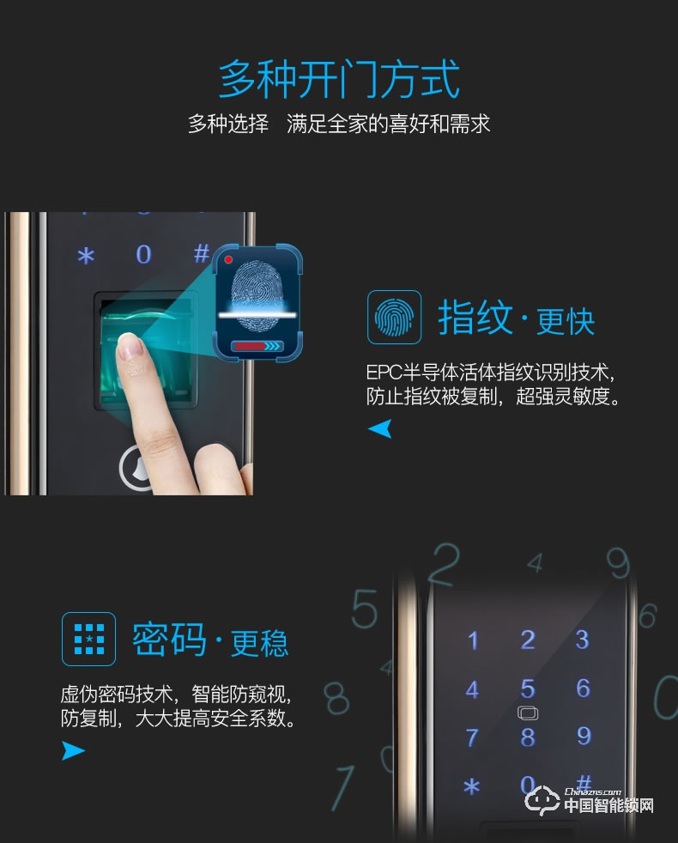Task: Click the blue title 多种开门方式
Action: [x=339, y=80]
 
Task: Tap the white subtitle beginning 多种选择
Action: [x=339, y=124]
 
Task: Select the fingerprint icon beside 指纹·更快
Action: [x=394, y=318]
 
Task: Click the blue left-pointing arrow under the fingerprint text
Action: [x=379, y=428]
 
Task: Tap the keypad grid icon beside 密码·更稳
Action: [x=88, y=639]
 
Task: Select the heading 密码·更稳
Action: [x=210, y=640]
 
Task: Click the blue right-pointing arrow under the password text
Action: [x=74, y=751]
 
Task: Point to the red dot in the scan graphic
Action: [x=228, y=258]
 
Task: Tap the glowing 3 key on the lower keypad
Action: [x=583, y=640]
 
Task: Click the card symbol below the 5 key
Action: [x=527, y=713]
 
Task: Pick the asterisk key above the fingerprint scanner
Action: [x=85, y=256]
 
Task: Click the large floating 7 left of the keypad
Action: [x=344, y=786]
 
